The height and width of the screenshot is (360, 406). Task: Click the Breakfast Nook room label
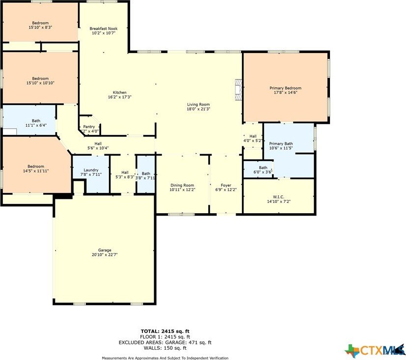pos(103,28)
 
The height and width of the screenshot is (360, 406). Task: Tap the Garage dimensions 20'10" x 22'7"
pos(105,255)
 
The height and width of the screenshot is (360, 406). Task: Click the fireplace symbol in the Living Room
pos(238,90)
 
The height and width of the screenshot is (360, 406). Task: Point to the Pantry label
pos(89,127)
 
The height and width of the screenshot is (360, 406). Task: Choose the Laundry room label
pos(91,170)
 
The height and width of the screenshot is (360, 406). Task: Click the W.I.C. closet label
pos(278,196)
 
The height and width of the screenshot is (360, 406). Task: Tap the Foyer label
pos(226,185)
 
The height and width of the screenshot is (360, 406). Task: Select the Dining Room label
pos(182,185)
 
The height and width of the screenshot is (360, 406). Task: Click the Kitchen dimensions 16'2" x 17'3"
pos(120,97)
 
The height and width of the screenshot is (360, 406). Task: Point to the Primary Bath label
pos(280,143)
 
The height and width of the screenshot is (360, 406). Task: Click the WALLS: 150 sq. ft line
pos(164,348)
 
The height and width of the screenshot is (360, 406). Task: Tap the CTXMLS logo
pos(374,350)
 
